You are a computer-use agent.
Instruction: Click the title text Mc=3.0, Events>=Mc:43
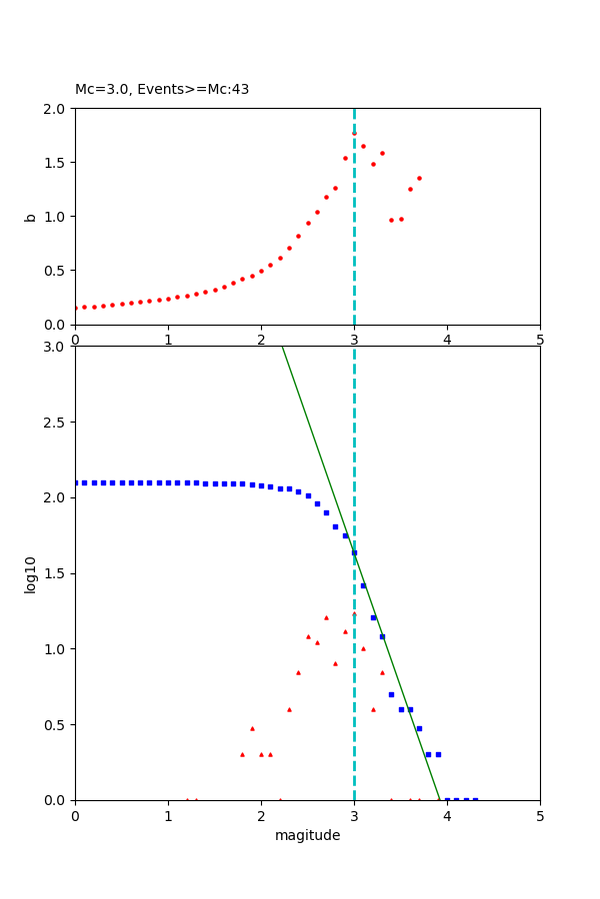click(x=162, y=90)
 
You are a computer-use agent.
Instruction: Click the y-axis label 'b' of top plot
click(x=31, y=217)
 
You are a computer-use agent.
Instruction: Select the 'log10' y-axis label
click(x=31, y=574)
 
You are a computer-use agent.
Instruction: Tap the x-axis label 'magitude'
click(x=307, y=835)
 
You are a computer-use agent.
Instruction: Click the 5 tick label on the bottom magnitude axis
click(x=540, y=815)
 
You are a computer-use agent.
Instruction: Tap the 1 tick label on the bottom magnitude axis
click(x=168, y=815)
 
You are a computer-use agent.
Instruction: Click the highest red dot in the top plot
click(x=354, y=133)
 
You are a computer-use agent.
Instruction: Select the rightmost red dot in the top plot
click(x=419, y=179)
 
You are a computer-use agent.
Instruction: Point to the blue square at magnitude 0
click(x=76, y=482)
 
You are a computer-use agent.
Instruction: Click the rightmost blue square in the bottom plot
click(x=475, y=799)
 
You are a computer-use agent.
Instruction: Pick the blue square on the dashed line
click(x=354, y=552)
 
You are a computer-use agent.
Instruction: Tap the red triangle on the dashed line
click(x=354, y=613)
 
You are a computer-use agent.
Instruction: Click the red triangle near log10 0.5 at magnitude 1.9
click(x=252, y=728)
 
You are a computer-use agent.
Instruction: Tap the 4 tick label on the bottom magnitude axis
click(x=447, y=815)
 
